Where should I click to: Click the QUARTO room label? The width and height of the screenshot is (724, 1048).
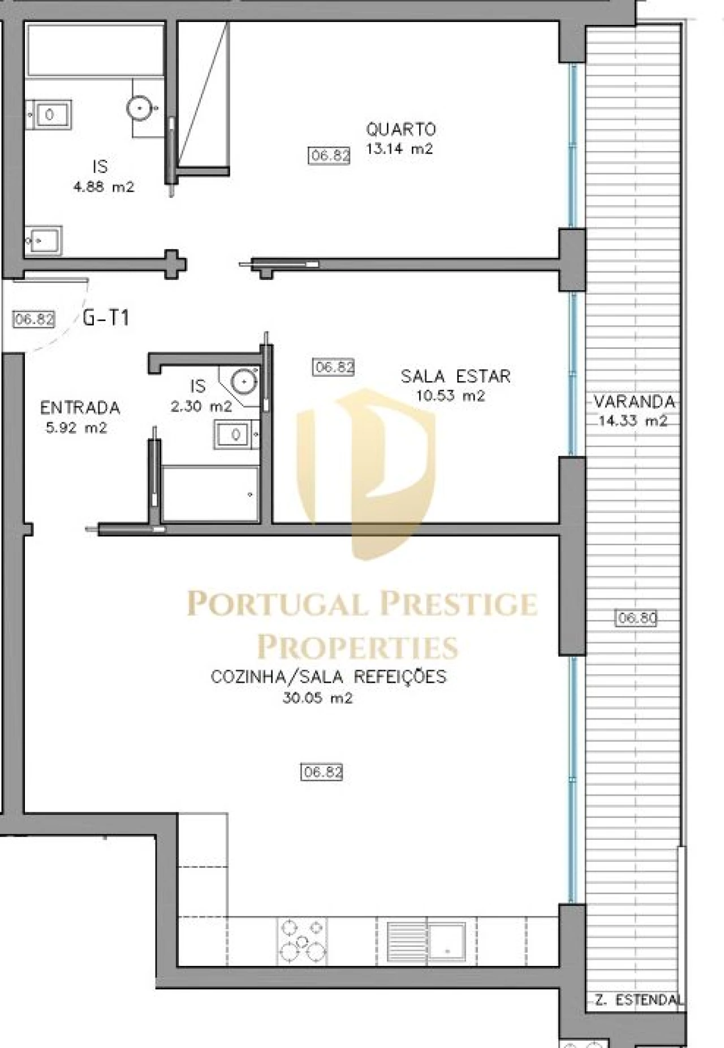point(400,130)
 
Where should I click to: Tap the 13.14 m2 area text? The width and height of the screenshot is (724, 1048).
point(399,149)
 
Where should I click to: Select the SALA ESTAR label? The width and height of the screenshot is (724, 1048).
point(455,376)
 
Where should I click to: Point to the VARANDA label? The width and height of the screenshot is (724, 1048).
point(634,402)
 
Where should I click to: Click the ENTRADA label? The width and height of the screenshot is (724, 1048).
point(80,407)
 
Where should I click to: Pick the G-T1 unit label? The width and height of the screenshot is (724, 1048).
point(106,318)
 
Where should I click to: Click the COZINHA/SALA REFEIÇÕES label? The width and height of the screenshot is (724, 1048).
point(328,676)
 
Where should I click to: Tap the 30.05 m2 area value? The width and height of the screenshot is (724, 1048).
point(317,698)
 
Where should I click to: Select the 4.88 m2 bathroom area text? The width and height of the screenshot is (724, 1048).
point(104,187)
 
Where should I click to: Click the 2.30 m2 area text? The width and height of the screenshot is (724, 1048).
point(201,406)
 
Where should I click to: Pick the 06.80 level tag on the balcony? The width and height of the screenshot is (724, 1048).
point(636,618)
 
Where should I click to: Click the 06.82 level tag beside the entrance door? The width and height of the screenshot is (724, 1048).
point(34,319)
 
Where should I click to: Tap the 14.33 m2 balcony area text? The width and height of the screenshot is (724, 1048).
point(633,421)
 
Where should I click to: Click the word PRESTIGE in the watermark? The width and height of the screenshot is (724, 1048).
point(458,603)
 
